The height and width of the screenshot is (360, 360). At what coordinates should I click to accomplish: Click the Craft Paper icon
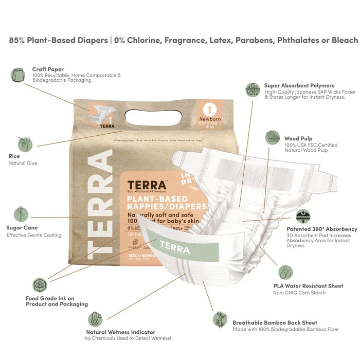tap(17, 76)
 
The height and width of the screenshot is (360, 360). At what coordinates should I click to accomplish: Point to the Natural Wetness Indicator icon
tap(95, 319)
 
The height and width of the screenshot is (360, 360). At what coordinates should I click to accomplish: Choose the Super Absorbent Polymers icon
tap(253, 89)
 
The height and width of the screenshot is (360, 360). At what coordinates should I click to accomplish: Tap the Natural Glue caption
tap(23, 163)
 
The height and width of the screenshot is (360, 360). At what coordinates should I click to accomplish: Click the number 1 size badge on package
tap(210, 109)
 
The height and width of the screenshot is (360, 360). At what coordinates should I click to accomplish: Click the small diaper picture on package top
tap(100, 116)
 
